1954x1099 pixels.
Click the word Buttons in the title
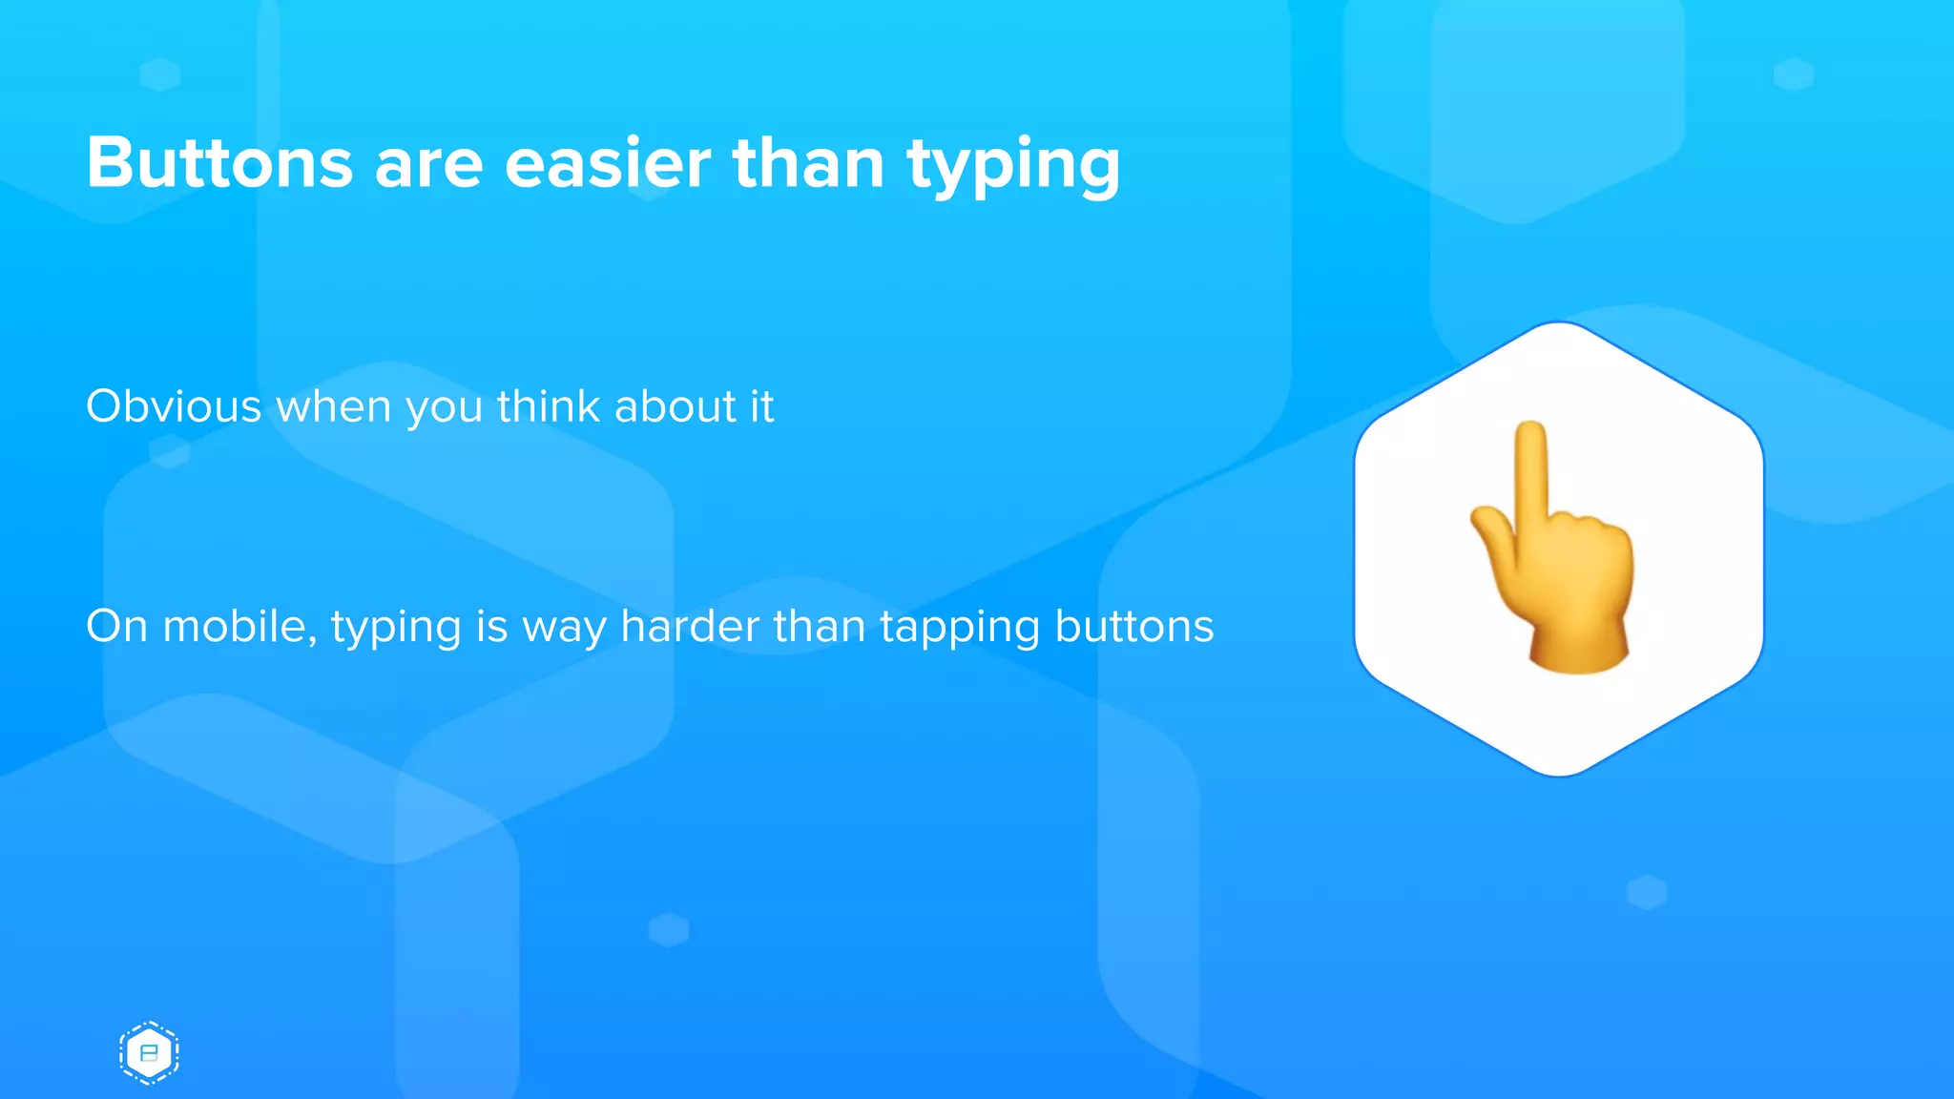click(x=219, y=163)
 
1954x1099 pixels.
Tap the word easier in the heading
click(x=608, y=163)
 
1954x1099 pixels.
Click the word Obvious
click(x=174, y=406)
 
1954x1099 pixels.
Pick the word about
click(x=675, y=406)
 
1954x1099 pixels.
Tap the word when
click(x=333, y=406)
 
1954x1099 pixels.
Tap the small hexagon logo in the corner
click(x=149, y=1053)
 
